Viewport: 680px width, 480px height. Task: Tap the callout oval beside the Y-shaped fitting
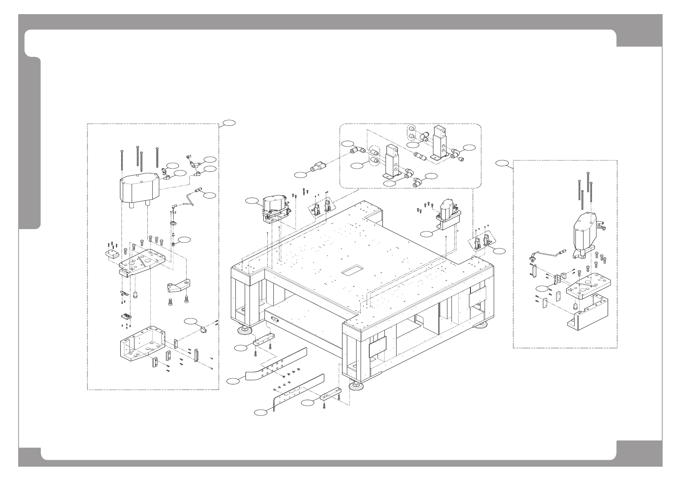tap(300, 175)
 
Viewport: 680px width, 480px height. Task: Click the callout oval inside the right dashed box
tap(543, 288)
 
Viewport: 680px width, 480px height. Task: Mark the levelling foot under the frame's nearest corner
tap(358, 386)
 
